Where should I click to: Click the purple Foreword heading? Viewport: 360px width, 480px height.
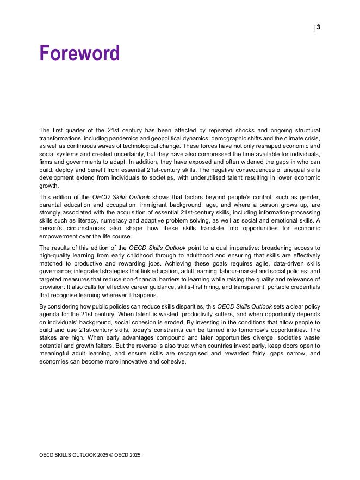79,54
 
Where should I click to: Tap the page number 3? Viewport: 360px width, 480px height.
318,28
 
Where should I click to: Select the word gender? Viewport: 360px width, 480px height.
311,197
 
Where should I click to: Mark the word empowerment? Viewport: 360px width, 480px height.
59,236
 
